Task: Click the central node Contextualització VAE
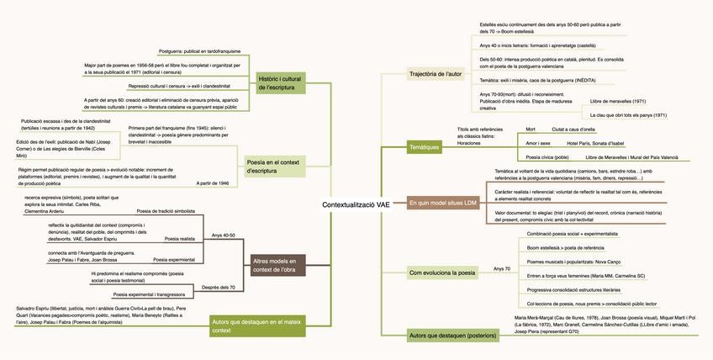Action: [356, 204]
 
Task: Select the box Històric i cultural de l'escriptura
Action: [279, 82]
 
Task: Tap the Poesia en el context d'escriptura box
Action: [275, 166]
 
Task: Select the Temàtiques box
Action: [424, 146]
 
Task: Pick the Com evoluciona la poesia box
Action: [441, 273]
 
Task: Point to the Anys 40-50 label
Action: [223, 236]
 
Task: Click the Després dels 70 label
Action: [219, 288]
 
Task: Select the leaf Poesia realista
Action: [180, 239]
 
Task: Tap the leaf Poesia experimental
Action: [177, 259]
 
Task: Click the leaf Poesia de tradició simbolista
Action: [166, 211]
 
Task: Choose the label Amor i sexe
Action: [537, 143]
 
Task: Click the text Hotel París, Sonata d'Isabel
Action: [595, 143]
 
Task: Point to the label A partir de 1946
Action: [213, 183]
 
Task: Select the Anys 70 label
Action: [502, 269]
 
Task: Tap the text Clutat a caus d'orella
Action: [573, 129]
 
